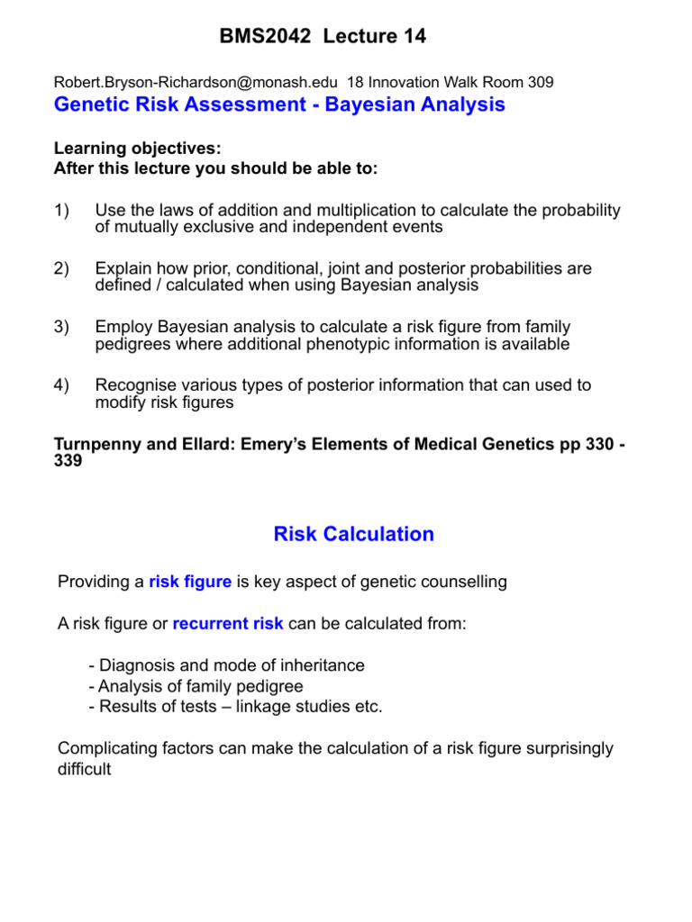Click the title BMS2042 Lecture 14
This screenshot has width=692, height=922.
[323, 37]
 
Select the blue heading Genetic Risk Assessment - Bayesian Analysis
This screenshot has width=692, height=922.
[279, 105]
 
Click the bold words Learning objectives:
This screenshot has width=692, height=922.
[137, 149]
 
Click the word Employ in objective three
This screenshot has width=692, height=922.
[123, 328]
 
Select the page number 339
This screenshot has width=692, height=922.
[68, 460]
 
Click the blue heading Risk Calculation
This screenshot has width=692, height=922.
[353, 535]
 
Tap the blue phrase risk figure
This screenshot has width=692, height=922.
[189, 583]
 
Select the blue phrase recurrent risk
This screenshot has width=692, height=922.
[227, 624]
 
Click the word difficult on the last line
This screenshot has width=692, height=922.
[84, 771]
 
